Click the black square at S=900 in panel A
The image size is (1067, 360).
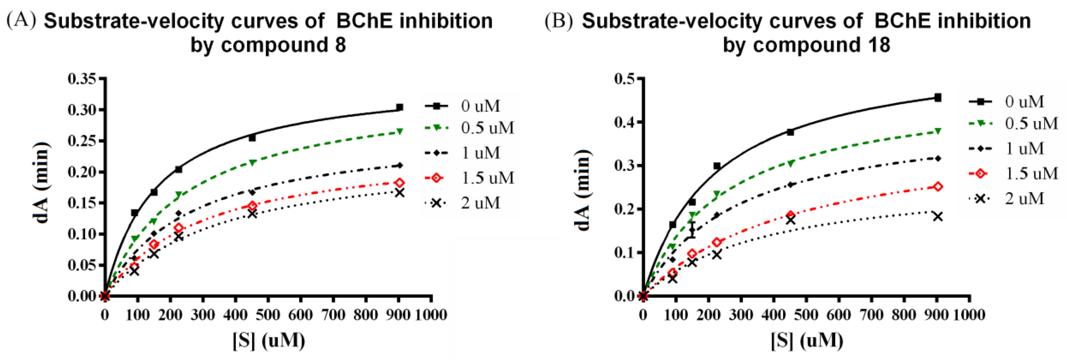(x=399, y=107)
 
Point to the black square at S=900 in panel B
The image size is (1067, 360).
(x=938, y=98)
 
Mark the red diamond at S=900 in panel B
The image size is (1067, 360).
(x=938, y=187)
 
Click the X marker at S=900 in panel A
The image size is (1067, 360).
(x=399, y=193)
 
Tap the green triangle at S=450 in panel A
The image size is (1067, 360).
(x=252, y=162)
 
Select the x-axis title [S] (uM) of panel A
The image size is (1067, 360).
(x=268, y=340)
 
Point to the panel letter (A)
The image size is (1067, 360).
(x=21, y=20)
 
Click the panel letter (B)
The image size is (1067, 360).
(x=559, y=20)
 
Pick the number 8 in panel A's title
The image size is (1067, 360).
(x=341, y=44)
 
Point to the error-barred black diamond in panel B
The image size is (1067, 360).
(x=692, y=230)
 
